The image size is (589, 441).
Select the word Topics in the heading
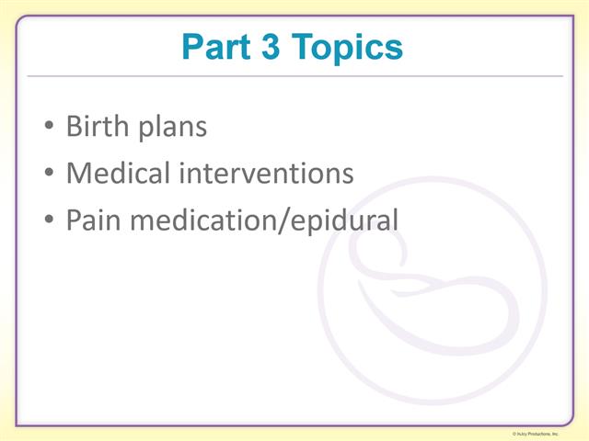click(350, 48)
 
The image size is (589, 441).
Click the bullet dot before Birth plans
click(49, 128)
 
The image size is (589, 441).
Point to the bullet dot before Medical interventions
click(49, 175)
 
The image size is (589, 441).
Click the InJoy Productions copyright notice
click(549, 433)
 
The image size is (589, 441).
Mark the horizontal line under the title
click(294, 75)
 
